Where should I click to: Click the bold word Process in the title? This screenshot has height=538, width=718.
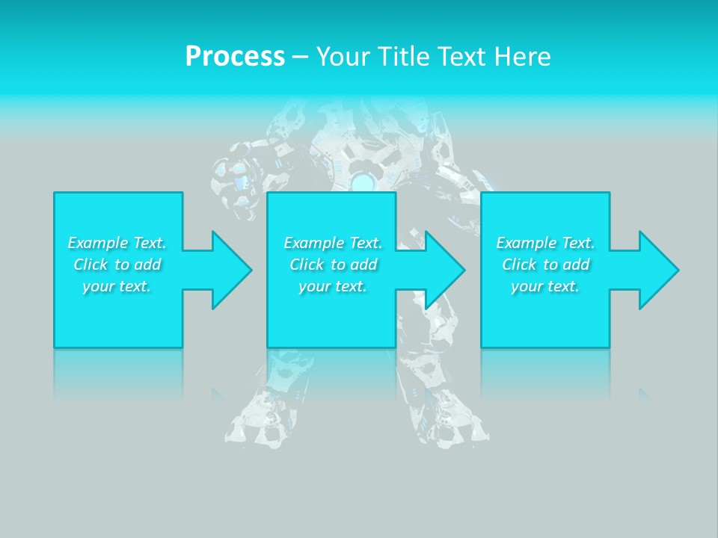pyautogui.click(x=235, y=57)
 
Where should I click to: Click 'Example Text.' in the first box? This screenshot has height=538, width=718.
pyautogui.click(x=117, y=243)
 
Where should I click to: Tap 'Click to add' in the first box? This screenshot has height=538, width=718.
pyautogui.click(x=117, y=265)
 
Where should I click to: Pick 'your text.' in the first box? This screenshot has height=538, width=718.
pyautogui.click(x=117, y=286)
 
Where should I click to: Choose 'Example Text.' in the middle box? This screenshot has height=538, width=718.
pyautogui.click(x=333, y=243)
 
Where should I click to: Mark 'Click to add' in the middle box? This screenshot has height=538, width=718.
pyautogui.click(x=333, y=265)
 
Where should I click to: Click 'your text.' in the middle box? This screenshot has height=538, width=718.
pyautogui.click(x=333, y=286)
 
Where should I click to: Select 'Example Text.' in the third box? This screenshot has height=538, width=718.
pyautogui.click(x=545, y=243)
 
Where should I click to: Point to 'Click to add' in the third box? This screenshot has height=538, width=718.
pyautogui.click(x=545, y=265)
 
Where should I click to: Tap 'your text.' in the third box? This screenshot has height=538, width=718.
pyautogui.click(x=545, y=286)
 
